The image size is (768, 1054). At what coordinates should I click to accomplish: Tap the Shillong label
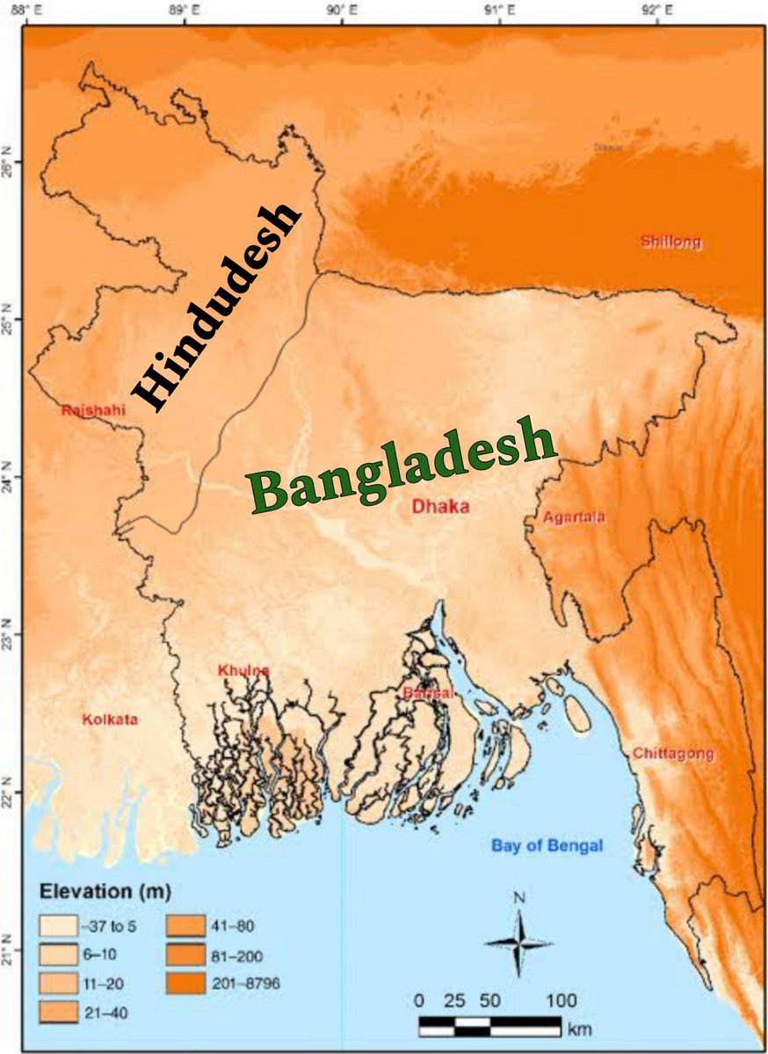click(x=672, y=242)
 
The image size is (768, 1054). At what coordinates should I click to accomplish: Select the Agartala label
click(x=574, y=517)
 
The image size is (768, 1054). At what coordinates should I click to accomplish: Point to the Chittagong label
click(x=673, y=754)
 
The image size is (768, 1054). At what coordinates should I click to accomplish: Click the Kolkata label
click(x=110, y=720)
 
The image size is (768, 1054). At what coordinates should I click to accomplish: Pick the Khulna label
click(x=243, y=671)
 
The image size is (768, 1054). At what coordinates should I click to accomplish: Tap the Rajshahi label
click(x=93, y=410)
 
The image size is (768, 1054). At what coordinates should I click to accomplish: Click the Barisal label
click(x=428, y=694)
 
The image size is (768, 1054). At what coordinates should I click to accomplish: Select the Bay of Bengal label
click(x=547, y=846)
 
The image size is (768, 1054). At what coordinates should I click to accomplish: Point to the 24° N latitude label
click(x=11, y=477)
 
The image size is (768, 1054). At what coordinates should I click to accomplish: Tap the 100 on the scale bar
click(x=561, y=1000)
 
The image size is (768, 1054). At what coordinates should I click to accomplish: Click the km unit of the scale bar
click(x=579, y=1028)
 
